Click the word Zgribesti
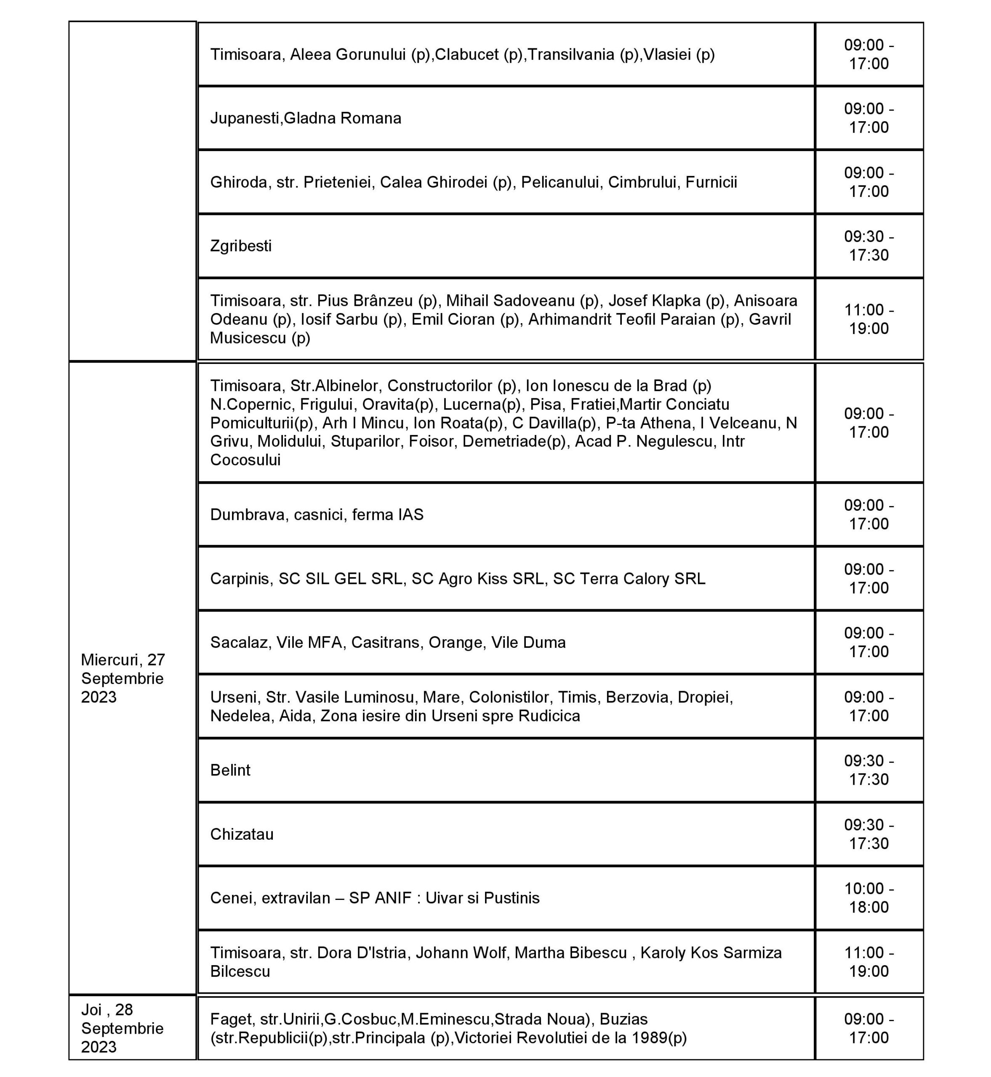point(241,246)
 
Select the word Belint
point(230,770)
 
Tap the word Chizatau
point(242,834)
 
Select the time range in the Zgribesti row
point(869,246)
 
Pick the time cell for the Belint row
point(869,770)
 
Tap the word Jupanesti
point(245,118)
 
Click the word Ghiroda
point(239,182)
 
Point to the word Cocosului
point(245,460)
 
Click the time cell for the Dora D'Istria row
point(869,962)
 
